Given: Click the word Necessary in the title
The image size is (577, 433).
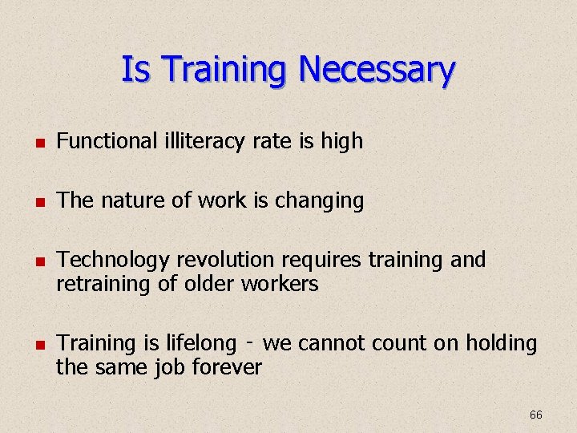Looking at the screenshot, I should [377, 71].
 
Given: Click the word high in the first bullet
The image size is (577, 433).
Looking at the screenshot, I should [342, 142].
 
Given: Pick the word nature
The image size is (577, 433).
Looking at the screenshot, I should [131, 200].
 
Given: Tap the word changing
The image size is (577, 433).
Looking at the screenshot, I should [320, 201].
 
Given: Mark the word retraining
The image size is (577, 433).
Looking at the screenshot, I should [103, 284].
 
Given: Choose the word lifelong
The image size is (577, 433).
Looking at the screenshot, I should [200, 344].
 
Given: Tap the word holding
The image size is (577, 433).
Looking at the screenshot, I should [501, 344].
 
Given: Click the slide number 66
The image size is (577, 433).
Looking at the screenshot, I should [536, 415].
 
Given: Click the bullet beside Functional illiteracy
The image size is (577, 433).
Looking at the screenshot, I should [37, 144].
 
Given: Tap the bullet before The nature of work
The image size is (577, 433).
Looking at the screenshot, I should [37, 202].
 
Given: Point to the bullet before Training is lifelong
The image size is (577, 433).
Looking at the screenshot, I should [37, 345].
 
